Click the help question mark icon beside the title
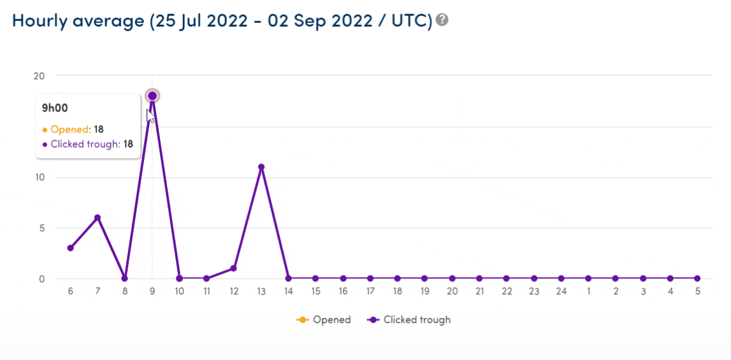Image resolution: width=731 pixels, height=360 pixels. pos(442,20)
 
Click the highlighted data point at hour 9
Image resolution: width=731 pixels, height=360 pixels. pos(152,96)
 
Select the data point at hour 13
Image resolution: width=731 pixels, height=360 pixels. pos(261,167)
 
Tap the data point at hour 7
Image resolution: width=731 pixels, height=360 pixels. pos(98,218)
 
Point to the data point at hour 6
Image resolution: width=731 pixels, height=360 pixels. pos(70,248)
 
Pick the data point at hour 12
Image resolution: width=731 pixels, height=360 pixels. pos(234,268)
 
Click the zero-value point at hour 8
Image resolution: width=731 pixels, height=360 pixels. pos(125,278)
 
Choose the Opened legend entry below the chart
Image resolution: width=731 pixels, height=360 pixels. pos(324,320)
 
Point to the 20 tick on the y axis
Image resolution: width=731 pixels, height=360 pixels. pos(40,76)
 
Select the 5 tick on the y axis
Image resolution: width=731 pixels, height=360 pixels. pos(41,228)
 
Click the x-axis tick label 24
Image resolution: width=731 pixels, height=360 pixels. pos(561,291)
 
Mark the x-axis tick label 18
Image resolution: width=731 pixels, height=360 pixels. pos(397,291)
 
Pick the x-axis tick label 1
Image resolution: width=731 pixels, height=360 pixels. pos(588,291)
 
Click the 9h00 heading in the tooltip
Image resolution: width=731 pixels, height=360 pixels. pos(55,108)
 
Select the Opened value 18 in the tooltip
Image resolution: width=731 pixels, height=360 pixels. pos(99,129)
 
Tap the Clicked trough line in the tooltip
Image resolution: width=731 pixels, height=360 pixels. pos(87,144)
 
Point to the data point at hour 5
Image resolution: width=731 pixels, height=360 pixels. pos(697,278)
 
